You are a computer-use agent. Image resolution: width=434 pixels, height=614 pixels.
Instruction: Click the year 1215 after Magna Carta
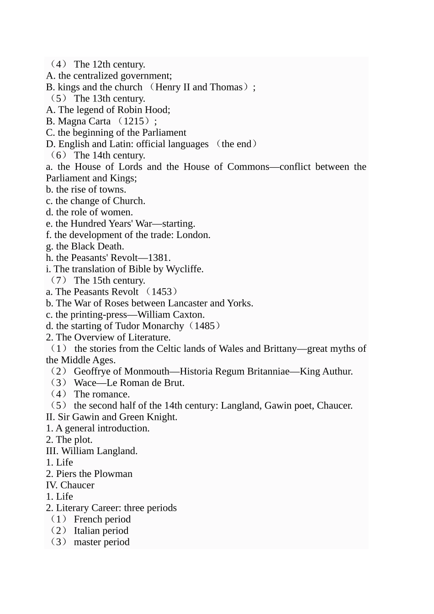click(137, 122)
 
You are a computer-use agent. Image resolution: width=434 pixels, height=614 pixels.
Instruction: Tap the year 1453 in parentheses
click(162, 292)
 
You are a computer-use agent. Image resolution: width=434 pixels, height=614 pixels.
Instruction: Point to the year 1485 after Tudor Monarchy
click(205, 326)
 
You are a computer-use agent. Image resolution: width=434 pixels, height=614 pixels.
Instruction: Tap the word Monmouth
click(147, 371)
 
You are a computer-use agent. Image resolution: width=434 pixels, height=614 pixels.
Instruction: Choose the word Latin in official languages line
click(121, 144)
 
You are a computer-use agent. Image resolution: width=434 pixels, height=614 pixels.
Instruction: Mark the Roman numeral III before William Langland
click(52, 451)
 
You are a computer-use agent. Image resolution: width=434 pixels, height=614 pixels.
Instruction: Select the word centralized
click(95, 76)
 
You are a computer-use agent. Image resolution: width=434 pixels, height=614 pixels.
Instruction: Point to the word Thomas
click(226, 87)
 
